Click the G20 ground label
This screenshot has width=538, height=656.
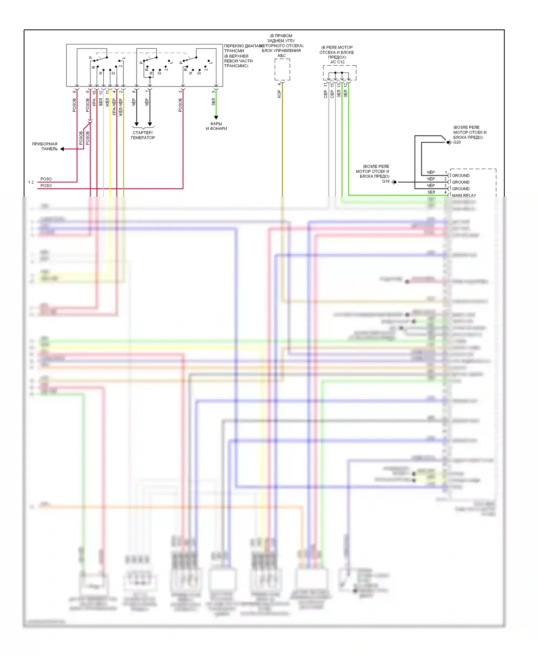click(x=457, y=142)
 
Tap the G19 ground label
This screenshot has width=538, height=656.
click(x=386, y=182)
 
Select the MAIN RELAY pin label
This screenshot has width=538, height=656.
click(x=464, y=196)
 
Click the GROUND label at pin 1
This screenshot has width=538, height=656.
click(x=461, y=175)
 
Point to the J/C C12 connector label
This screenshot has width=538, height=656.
click(x=337, y=62)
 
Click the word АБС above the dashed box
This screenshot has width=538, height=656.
click(x=282, y=56)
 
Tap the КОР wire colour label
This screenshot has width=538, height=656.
click(x=279, y=94)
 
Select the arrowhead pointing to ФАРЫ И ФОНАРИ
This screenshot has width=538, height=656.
click(x=216, y=117)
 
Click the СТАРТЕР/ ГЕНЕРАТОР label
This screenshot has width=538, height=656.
click(x=143, y=135)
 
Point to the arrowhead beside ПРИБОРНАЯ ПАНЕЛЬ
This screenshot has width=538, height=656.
click(x=62, y=149)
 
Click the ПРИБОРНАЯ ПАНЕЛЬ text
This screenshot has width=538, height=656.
click(x=45, y=146)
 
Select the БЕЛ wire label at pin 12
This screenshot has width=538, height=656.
click(x=101, y=102)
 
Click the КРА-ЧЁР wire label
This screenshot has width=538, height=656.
click(x=114, y=107)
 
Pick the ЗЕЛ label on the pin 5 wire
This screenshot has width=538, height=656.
click(x=213, y=102)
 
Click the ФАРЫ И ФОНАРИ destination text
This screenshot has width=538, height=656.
click(x=216, y=126)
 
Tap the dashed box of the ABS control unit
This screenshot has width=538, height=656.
click(x=282, y=70)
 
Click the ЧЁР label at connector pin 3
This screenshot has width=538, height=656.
click(x=431, y=186)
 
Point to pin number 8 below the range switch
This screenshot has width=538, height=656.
click(x=134, y=92)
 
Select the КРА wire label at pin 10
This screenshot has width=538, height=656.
click(x=94, y=102)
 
